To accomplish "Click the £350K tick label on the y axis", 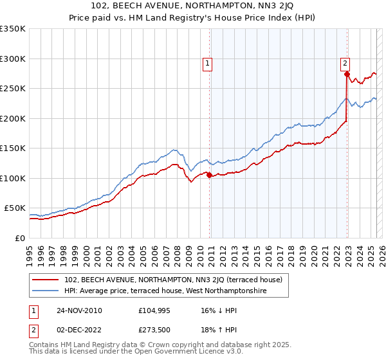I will [13, 29].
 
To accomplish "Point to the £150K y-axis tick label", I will [13, 148].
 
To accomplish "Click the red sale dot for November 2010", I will [210, 175].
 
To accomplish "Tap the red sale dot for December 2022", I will [347, 75].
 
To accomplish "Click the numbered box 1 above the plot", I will [208, 63].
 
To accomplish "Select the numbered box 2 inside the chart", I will [345, 63].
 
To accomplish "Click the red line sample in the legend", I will [46, 280].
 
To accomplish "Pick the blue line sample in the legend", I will [46, 291].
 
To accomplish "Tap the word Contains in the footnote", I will [46, 346].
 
